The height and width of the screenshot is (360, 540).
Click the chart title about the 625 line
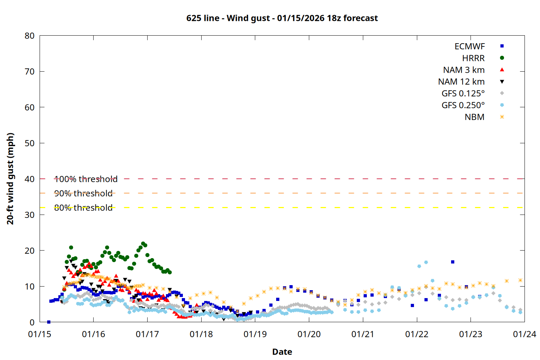point(282,18)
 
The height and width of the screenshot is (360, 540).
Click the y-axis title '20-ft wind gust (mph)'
point(10,179)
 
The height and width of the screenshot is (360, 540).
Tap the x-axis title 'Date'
point(282,352)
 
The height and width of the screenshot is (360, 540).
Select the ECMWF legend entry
point(469,46)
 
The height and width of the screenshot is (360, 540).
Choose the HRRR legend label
point(473,58)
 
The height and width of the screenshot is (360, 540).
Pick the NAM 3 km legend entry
point(464,70)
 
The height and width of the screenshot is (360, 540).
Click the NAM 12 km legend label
point(461,82)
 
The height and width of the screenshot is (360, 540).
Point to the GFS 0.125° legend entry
point(463,94)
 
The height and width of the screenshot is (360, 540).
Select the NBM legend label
point(474,117)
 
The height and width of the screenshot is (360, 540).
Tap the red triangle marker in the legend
point(502,70)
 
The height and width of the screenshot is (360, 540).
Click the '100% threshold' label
point(86,179)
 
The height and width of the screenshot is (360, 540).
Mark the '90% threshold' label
point(83,193)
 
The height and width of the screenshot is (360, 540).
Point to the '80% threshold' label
point(83,208)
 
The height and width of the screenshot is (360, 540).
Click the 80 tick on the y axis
point(30,36)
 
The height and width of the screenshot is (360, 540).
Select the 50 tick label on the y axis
point(30,143)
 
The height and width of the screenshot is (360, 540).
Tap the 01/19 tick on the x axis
point(255,334)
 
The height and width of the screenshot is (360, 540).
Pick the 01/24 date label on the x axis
point(524,334)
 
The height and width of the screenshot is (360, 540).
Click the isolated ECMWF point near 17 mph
point(453,262)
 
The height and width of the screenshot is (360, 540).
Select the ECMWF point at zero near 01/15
point(49,322)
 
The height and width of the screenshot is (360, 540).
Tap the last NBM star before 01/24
point(520,280)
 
